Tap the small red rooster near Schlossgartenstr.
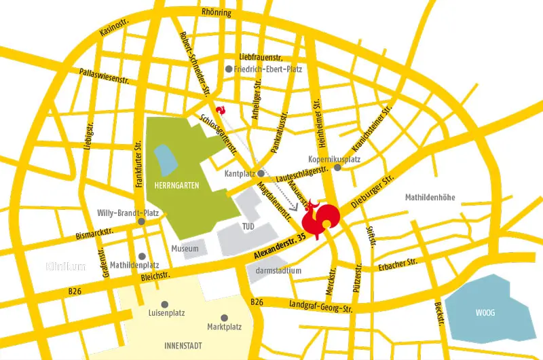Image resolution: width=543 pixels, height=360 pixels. pyautogui.click(x=219, y=109)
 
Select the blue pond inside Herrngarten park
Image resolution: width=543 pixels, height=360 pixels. pyautogui.click(x=165, y=159)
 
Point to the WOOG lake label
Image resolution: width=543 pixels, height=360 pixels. pyautogui.click(x=487, y=313)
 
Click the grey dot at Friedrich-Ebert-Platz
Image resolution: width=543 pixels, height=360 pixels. pyautogui.click(x=229, y=69)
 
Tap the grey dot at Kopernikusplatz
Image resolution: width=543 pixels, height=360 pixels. pyautogui.click(x=337, y=167)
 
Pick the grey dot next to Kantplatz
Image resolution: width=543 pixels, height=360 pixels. pyautogui.click(x=261, y=174)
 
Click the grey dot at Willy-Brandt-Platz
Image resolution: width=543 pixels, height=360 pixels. pyautogui.click(x=141, y=221)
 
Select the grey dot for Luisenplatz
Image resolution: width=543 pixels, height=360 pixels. pyautogui.click(x=164, y=304)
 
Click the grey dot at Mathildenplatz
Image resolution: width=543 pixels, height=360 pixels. pyautogui.click(x=141, y=256)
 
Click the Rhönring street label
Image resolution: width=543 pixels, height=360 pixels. pyautogui.click(x=217, y=13)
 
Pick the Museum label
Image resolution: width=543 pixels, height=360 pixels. pyautogui.click(x=185, y=249)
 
